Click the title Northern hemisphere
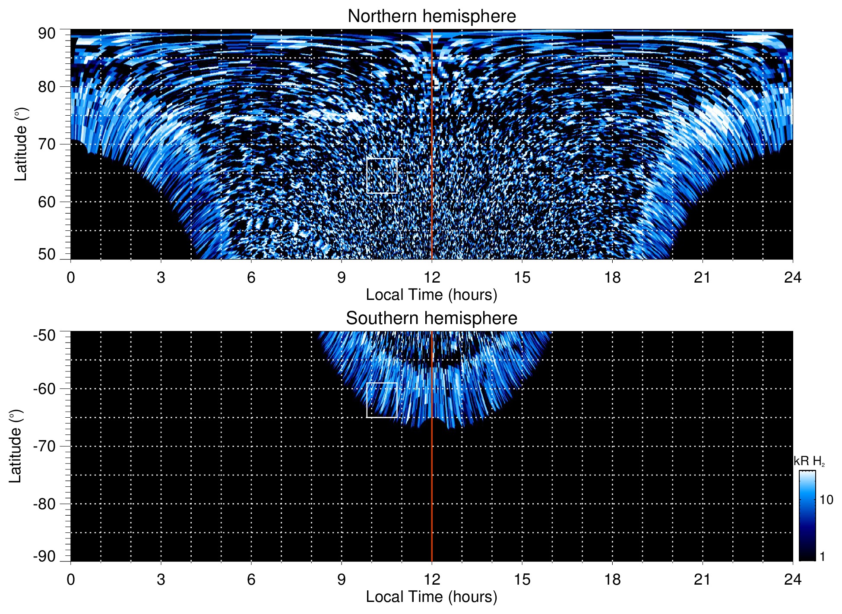431,16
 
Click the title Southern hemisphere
431,318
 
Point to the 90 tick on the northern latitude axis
47,34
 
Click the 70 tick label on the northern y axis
47,144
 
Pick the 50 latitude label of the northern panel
47,254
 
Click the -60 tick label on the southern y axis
44,389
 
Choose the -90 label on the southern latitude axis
44,556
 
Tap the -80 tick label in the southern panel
44,504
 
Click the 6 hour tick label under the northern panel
251,277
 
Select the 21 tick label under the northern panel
703,277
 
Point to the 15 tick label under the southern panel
522,579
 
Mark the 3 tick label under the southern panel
161,579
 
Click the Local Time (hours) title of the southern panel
431,597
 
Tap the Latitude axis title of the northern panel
20,144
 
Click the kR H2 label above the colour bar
809,461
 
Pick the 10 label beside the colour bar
826,500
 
